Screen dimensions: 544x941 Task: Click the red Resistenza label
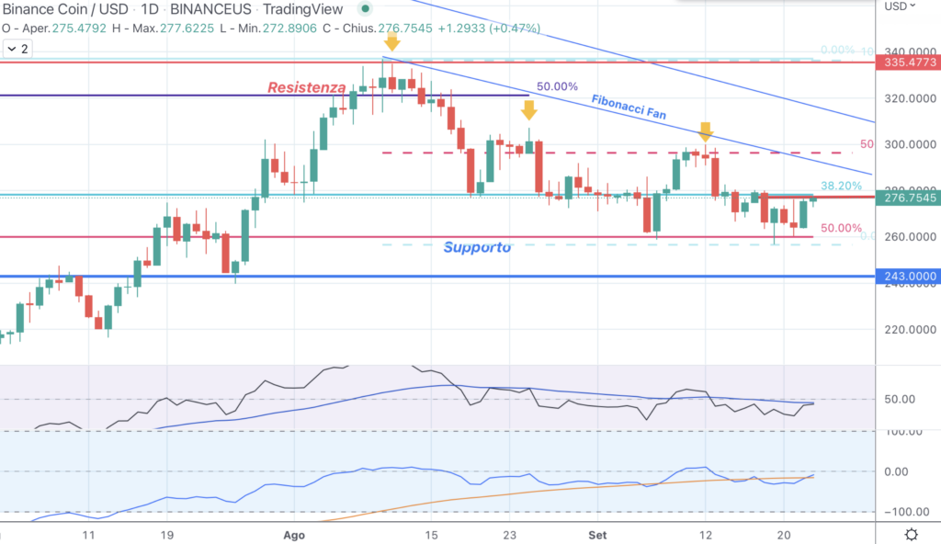click(307, 87)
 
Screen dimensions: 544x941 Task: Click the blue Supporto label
click(477, 247)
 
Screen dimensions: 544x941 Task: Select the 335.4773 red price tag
click(908, 62)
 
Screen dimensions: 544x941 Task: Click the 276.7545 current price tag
click(908, 198)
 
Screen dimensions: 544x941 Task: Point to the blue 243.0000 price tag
click(908, 277)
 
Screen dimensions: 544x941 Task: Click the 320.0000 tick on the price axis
click(906, 98)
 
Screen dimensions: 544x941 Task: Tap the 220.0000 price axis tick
click(906, 329)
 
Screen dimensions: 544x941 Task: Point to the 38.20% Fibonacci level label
click(841, 185)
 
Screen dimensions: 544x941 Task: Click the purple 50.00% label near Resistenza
click(558, 86)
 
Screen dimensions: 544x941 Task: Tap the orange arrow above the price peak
click(392, 41)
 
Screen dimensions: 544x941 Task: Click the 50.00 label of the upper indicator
click(898, 399)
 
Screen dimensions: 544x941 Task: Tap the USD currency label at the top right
click(895, 6)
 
